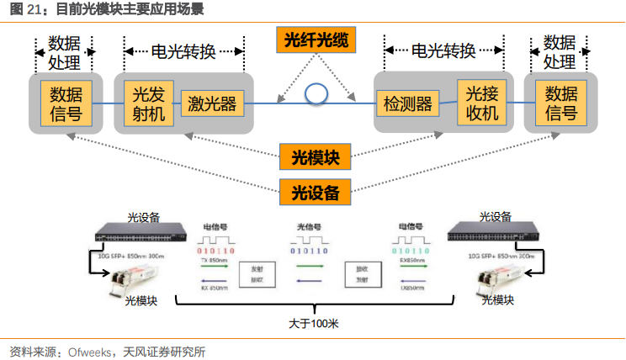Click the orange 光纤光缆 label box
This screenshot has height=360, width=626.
coord(316,40)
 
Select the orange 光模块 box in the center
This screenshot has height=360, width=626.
coord(315,156)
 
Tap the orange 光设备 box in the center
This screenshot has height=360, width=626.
coord(315,192)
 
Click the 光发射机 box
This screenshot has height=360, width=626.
coord(149,103)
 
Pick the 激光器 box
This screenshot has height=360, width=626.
coord(212,104)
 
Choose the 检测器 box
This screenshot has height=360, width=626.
coord(408,104)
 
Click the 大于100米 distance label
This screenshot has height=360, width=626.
coord(312,323)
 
